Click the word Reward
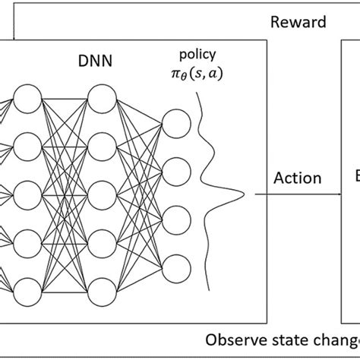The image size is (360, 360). pos(298,22)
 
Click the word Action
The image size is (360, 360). pos(297,179)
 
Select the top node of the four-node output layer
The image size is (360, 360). pos(177,123)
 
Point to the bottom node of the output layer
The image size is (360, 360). pos(177,267)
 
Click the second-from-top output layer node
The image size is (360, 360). pos(177,171)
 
